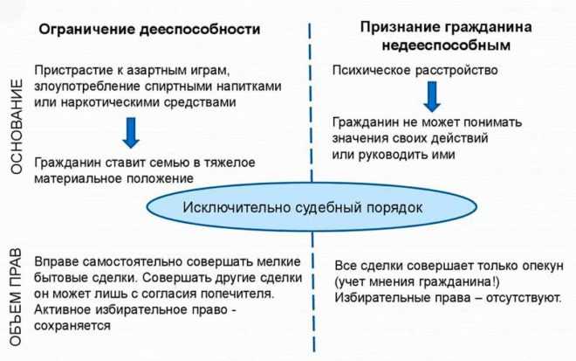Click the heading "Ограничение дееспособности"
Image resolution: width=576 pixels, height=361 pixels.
click(149, 30)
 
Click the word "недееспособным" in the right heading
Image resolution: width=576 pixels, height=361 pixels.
click(446, 45)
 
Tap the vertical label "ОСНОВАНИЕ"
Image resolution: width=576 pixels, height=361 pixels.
click(17, 126)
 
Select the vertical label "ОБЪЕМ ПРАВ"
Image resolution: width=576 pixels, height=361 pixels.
click(16, 297)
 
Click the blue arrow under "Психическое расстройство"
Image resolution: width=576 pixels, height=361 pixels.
click(432, 97)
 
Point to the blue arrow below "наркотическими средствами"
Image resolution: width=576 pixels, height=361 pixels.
click(131, 133)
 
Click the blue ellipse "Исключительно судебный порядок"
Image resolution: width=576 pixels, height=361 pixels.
click(312, 207)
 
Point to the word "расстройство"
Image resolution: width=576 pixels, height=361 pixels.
click(456, 70)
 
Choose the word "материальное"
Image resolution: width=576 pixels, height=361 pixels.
click(79, 178)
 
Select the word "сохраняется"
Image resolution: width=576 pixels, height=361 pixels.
click(72, 326)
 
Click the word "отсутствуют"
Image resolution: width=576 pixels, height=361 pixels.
click(523, 298)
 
